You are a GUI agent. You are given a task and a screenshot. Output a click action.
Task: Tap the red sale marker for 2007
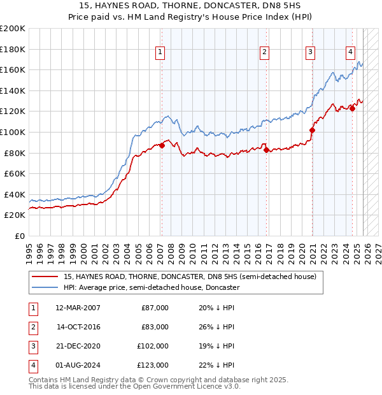(x=162, y=145)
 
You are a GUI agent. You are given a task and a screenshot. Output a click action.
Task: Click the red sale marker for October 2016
(x=266, y=150)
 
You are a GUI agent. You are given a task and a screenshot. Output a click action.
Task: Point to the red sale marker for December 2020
(x=312, y=130)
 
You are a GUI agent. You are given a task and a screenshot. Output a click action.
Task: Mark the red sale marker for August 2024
(x=352, y=108)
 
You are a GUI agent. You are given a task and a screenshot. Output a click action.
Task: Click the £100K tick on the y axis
(x=13, y=132)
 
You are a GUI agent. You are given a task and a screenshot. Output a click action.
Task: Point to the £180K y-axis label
(x=13, y=49)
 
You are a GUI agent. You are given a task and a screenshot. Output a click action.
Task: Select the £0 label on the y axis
(x=19, y=236)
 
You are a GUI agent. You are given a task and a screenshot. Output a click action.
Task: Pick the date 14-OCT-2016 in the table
(x=78, y=327)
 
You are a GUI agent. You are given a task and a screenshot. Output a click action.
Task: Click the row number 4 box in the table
(x=31, y=365)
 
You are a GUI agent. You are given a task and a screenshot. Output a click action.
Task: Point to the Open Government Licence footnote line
(x=134, y=386)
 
